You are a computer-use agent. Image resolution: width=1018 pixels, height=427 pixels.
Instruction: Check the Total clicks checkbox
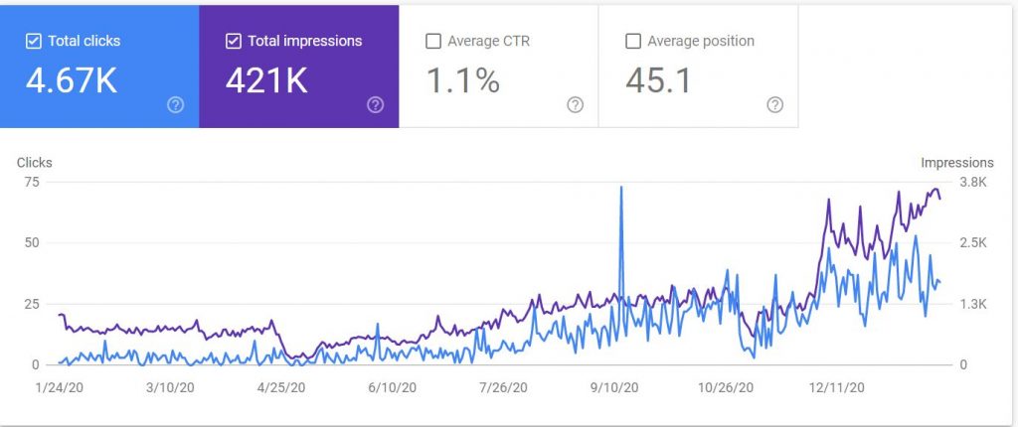click(x=34, y=42)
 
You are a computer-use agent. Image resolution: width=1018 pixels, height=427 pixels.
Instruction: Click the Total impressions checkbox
click(x=234, y=42)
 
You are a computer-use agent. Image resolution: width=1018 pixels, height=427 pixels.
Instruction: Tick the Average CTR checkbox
click(x=433, y=42)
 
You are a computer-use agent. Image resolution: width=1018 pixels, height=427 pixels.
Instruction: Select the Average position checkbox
click(x=633, y=42)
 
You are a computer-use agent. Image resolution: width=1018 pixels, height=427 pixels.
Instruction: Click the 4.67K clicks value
click(x=72, y=80)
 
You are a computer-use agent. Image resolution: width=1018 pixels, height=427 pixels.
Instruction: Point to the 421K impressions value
click(x=266, y=80)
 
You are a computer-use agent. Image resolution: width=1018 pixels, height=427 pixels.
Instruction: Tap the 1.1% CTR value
click(x=462, y=80)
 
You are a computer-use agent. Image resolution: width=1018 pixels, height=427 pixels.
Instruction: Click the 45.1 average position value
click(x=659, y=80)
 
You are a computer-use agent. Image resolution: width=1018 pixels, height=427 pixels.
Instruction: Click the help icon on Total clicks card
click(x=176, y=105)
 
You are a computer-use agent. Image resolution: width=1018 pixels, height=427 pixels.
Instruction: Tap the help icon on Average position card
click(x=775, y=105)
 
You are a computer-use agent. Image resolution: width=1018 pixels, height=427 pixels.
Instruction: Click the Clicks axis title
click(x=34, y=163)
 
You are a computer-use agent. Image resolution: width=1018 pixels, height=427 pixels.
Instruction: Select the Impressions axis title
click(x=956, y=163)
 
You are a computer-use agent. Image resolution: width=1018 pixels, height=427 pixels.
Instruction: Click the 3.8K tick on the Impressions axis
click(x=970, y=182)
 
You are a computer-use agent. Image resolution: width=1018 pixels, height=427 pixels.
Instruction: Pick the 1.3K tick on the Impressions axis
click(x=970, y=304)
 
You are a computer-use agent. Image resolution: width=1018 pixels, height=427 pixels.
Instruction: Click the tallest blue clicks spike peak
click(x=621, y=188)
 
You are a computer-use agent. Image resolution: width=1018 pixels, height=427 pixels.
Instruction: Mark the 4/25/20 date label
click(x=282, y=387)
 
